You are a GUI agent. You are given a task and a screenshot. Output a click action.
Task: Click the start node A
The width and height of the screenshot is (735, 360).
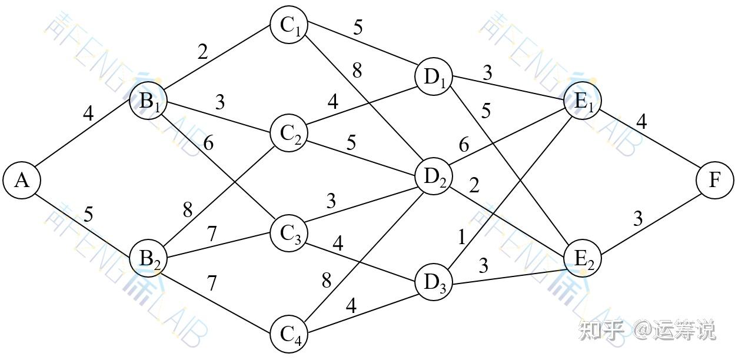pyautogui.click(x=22, y=181)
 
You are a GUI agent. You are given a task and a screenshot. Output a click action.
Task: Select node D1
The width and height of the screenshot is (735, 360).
pyautogui.click(x=434, y=78)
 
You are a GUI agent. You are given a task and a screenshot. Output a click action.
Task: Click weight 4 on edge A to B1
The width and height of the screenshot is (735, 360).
pyautogui.click(x=88, y=113)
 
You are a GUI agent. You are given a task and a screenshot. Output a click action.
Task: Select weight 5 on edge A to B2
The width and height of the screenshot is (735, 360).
pyautogui.click(x=88, y=214)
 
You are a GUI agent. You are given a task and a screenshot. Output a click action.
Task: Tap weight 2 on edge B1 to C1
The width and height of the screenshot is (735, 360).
pyautogui.click(x=202, y=53)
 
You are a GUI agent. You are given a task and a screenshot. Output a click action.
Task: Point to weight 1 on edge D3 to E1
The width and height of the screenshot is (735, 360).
pyautogui.click(x=462, y=237)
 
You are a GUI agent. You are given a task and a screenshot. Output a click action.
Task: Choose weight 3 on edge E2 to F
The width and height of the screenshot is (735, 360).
pyautogui.click(x=638, y=219)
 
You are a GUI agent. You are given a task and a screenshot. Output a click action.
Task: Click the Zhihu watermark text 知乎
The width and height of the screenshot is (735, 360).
pyautogui.click(x=601, y=330)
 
